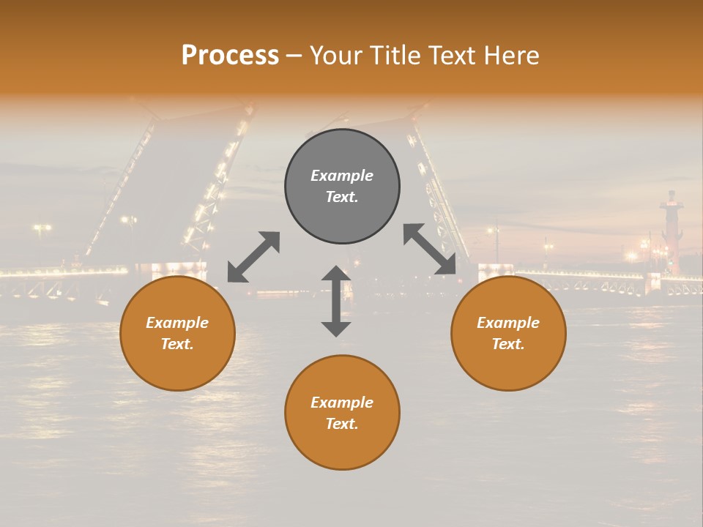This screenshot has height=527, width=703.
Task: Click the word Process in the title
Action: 230,56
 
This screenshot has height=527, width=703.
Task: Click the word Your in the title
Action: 335,56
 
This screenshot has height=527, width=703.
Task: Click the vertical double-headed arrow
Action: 336,301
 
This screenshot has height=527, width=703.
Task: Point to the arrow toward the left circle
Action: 253,256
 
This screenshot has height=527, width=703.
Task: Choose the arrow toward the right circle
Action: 430,250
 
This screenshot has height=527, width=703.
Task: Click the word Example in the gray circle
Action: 342,176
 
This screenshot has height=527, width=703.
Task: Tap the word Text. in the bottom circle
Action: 342,424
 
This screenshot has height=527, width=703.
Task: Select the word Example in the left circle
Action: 177,323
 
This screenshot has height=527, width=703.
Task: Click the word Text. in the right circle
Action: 508,344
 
